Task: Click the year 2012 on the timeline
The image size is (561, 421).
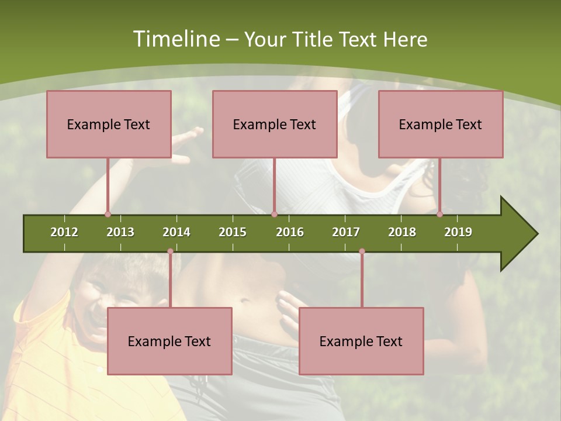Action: tap(64, 232)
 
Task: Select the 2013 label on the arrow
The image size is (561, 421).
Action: tap(120, 232)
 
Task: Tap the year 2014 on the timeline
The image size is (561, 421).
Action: tap(176, 232)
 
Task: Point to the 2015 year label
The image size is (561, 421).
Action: tap(233, 232)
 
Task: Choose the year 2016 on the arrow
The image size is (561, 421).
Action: tap(290, 232)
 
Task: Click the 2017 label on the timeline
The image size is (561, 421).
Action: tap(346, 232)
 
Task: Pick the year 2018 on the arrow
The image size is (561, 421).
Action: tap(402, 232)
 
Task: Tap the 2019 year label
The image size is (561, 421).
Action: tap(458, 232)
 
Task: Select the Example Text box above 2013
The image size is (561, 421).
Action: tap(109, 124)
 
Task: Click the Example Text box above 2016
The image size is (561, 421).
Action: tap(275, 124)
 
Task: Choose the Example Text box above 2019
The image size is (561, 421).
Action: tap(441, 124)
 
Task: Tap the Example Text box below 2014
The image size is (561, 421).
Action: tap(169, 341)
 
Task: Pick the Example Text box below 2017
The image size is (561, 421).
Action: tap(361, 341)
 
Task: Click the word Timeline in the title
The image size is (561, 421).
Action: tap(175, 39)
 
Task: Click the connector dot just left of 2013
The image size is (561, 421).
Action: tap(108, 214)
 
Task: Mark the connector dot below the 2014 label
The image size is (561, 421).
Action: tap(170, 251)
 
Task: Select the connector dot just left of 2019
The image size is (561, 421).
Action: tap(439, 214)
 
